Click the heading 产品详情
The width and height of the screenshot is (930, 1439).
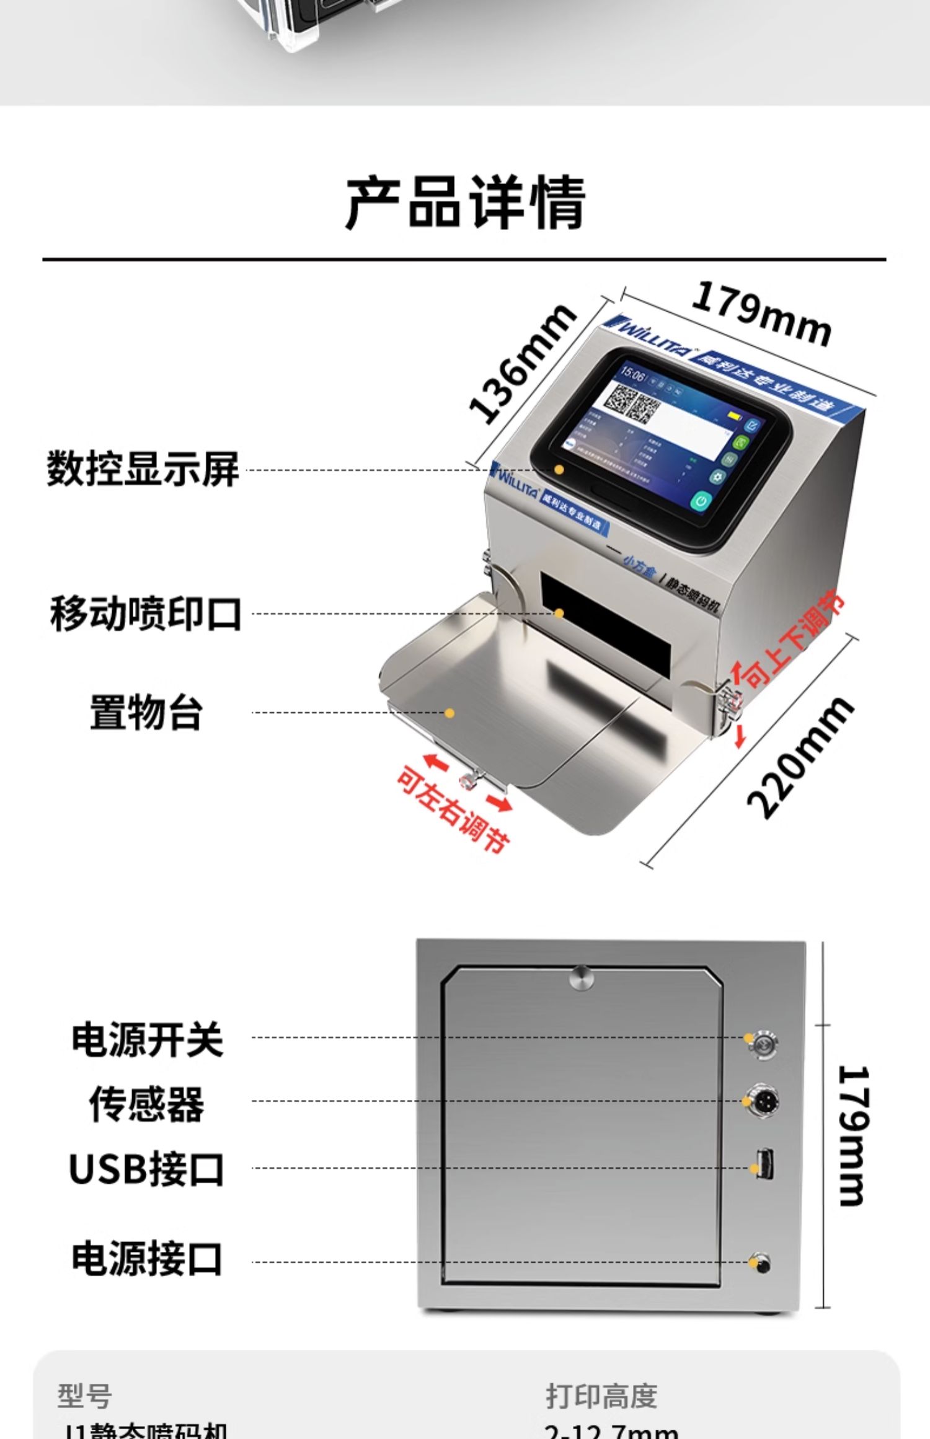(465, 203)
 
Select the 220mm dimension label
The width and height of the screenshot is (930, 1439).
(800, 757)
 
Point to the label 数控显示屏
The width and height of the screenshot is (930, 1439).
(143, 469)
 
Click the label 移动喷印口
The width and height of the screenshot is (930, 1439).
(146, 614)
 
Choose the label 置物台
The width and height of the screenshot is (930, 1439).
(146, 713)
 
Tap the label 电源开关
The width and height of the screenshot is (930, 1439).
(147, 1039)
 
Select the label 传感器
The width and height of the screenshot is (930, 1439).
(146, 1104)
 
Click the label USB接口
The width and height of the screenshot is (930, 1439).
(146, 1169)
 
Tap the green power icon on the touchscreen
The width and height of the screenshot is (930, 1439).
(701, 500)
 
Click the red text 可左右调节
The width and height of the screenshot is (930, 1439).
(453, 809)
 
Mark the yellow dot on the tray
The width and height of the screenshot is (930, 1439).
(450, 713)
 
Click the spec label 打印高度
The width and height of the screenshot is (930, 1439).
(601, 1396)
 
